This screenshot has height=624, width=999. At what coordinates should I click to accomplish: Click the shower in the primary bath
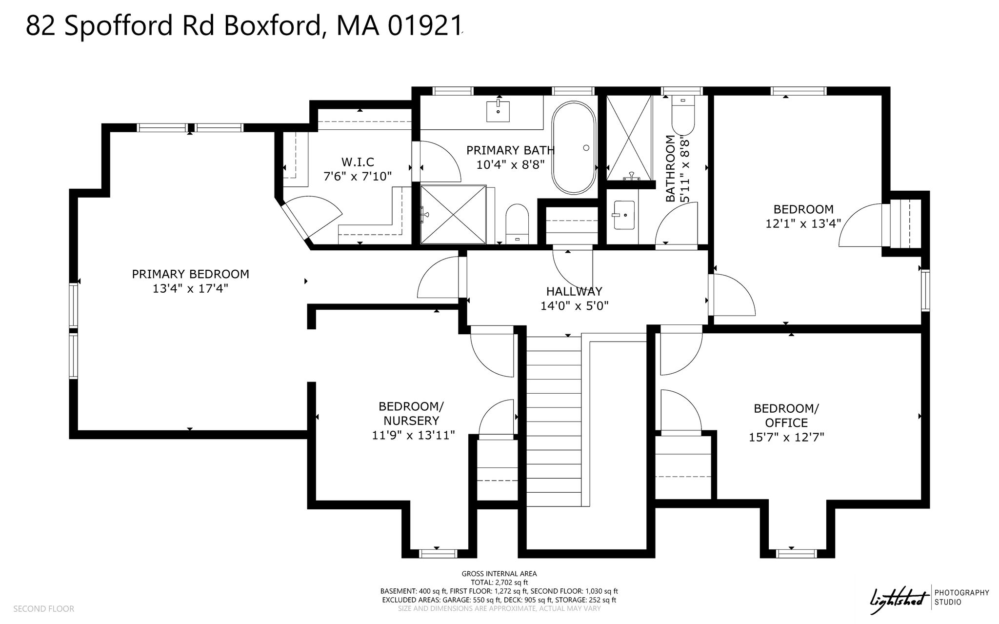(454, 214)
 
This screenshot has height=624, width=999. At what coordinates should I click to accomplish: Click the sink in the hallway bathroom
(624, 215)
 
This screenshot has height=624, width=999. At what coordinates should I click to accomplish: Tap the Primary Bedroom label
(190, 274)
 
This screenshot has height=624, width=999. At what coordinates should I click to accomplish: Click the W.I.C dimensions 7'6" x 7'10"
(358, 176)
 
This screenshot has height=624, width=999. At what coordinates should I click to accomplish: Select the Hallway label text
(574, 291)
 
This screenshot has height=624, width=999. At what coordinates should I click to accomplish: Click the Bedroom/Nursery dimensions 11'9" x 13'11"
(413, 435)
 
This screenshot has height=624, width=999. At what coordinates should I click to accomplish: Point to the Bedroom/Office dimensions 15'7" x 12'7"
(786, 437)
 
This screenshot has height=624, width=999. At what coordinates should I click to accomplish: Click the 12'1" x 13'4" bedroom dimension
(803, 223)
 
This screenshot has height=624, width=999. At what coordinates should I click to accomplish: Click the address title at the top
(243, 25)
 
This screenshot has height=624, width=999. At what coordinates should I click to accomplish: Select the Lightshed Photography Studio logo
(930, 597)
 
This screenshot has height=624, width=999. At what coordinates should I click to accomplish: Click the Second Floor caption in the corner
(43, 609)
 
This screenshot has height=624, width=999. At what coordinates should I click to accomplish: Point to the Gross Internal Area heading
(499, 574)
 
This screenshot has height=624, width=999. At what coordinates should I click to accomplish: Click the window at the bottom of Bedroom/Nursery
(438, 553)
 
